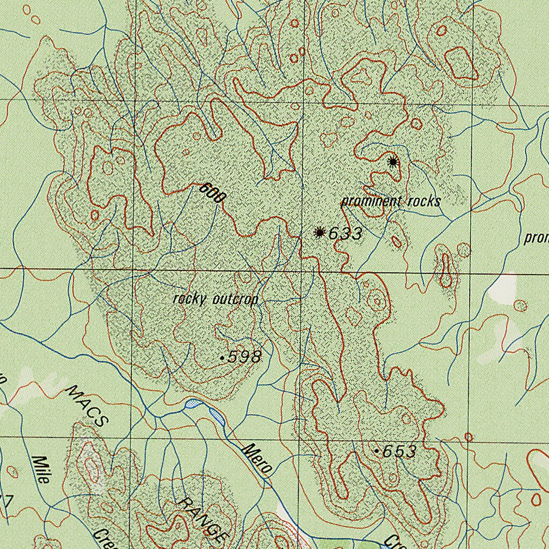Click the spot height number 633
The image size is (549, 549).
click(345, 233)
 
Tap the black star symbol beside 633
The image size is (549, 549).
click(320, 232)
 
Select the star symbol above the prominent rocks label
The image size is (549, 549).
click(393, 161)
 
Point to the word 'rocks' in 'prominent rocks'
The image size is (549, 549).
click(424, 201)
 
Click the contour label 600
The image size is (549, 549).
click(213, 192)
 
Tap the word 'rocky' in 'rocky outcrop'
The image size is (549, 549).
click(189, 299)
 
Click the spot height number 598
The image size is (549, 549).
click(244, 357)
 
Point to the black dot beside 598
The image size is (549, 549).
click(222, 358)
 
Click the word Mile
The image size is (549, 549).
click(40, 470)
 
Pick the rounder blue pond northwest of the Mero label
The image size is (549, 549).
click(191, 403)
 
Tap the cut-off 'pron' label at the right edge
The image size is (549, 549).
click(536, 238)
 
